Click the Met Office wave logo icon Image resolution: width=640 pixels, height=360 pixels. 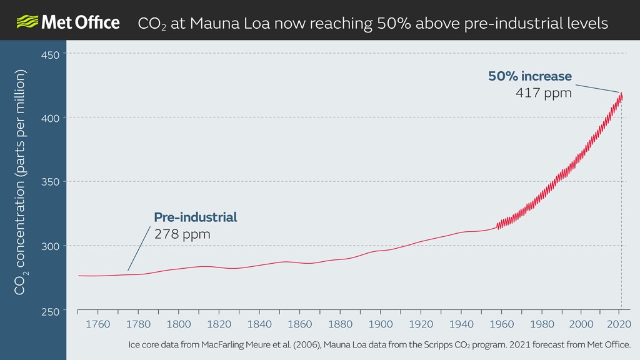coord(26,23)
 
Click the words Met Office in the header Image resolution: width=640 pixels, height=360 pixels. coord(80,23)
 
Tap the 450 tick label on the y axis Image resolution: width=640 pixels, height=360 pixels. coord(51,54)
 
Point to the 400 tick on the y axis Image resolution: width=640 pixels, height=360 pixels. coord(51,118)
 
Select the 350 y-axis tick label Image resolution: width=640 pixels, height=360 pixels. coord(51,182)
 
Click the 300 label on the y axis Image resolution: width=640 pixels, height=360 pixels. coord(51,246)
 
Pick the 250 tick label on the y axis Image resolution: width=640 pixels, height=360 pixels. coord(51,311)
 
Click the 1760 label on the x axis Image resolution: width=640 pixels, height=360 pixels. coord(97,324)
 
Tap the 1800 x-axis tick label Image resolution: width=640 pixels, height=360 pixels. coord(179,324)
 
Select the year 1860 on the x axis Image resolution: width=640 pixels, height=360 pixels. coord(299,324)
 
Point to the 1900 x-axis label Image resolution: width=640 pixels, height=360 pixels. coord(380,324)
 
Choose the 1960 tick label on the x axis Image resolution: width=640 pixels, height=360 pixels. coord(501,324)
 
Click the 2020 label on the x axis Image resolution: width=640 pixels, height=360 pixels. coord(622,324)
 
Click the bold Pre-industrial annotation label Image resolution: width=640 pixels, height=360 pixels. coord(196,217)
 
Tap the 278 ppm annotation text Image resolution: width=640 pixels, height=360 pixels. coord(182,234)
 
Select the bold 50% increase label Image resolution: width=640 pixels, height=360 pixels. coord(530,76)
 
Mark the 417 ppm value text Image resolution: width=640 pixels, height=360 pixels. coord(544,93)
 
